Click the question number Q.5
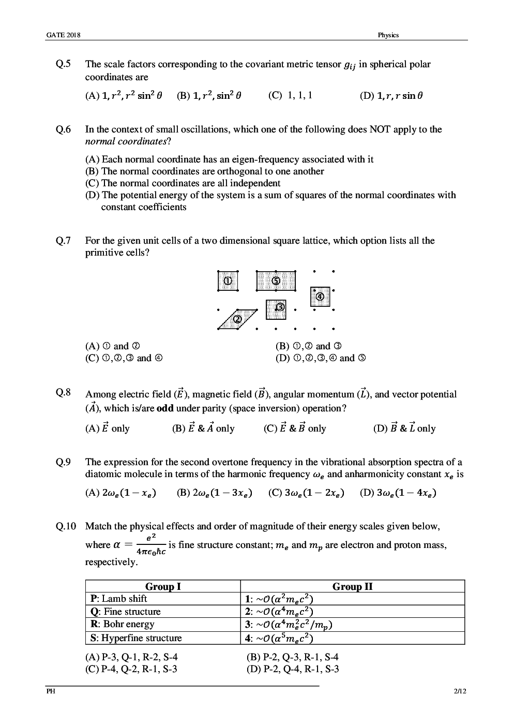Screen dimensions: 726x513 (x=63, y=64)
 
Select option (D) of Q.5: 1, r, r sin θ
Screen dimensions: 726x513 (x=391, y=96)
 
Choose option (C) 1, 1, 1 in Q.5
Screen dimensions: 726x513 (x=290, y=95)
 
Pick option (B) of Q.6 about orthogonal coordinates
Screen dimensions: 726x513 (x=205, y=171)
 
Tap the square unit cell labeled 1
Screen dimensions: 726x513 (x=228, y=281)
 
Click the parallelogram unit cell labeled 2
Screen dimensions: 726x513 (x=237, y=319)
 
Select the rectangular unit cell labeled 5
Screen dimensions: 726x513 (x=276, y=280)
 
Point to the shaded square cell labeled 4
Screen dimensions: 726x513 (x=320, y=297)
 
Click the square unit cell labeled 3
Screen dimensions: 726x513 (x=276, y=309)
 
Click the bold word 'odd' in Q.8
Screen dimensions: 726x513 (x=165, y=408)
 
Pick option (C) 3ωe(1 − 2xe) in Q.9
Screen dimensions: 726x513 (x=306, y=493)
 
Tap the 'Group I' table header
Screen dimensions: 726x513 (x=163, y=586)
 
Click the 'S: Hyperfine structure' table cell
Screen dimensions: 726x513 (x=136, y=638)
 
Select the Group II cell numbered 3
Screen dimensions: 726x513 (x=288, y=625)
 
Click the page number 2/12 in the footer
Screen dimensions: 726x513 (x=458, y=691)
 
